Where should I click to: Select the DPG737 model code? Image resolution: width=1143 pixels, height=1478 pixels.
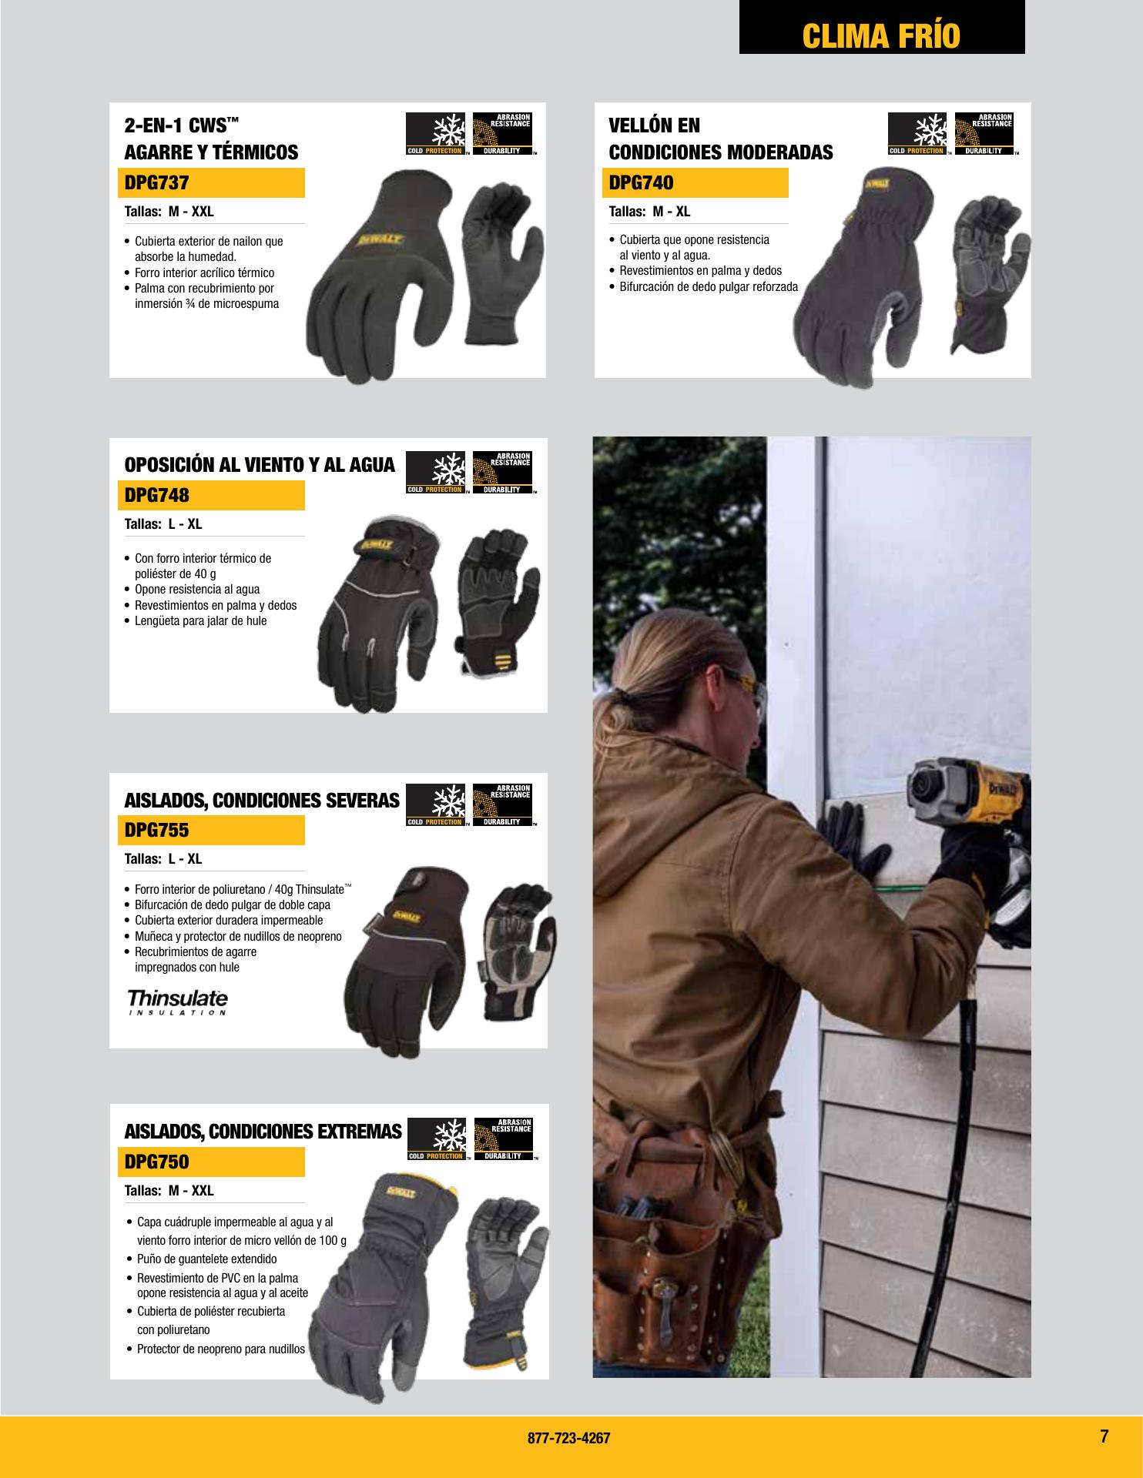(x=156, y=183)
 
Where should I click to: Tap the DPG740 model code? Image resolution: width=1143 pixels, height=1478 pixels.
(x=641, y=183)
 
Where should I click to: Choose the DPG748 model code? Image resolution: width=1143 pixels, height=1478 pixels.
(x=156, y=496)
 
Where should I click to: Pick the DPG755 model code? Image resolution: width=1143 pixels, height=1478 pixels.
(x=156, y=831)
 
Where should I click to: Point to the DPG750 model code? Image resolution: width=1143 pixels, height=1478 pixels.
(x=156, y=1162)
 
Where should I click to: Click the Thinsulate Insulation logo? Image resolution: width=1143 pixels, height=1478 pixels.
(x=177, y=1002)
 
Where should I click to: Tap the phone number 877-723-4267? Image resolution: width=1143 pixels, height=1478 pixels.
(x=569, y=1438)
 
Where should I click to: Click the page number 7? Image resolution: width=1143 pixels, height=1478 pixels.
(x=1104, y=1436)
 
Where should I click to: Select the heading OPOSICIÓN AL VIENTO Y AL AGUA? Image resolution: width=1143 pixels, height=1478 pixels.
(x=260, y=465)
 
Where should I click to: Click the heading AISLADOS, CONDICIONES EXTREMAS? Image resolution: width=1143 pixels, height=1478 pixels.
(x=263, y=1132)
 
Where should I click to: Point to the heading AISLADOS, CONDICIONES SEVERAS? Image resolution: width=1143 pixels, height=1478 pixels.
(x=262, y=801)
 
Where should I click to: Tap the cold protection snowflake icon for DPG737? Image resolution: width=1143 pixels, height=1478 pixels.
(x=435, y=134)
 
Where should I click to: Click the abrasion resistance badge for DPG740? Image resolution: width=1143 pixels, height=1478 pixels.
(x=984, y=134)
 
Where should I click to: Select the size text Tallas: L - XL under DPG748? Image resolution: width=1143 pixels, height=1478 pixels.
(x=163, y=524)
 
